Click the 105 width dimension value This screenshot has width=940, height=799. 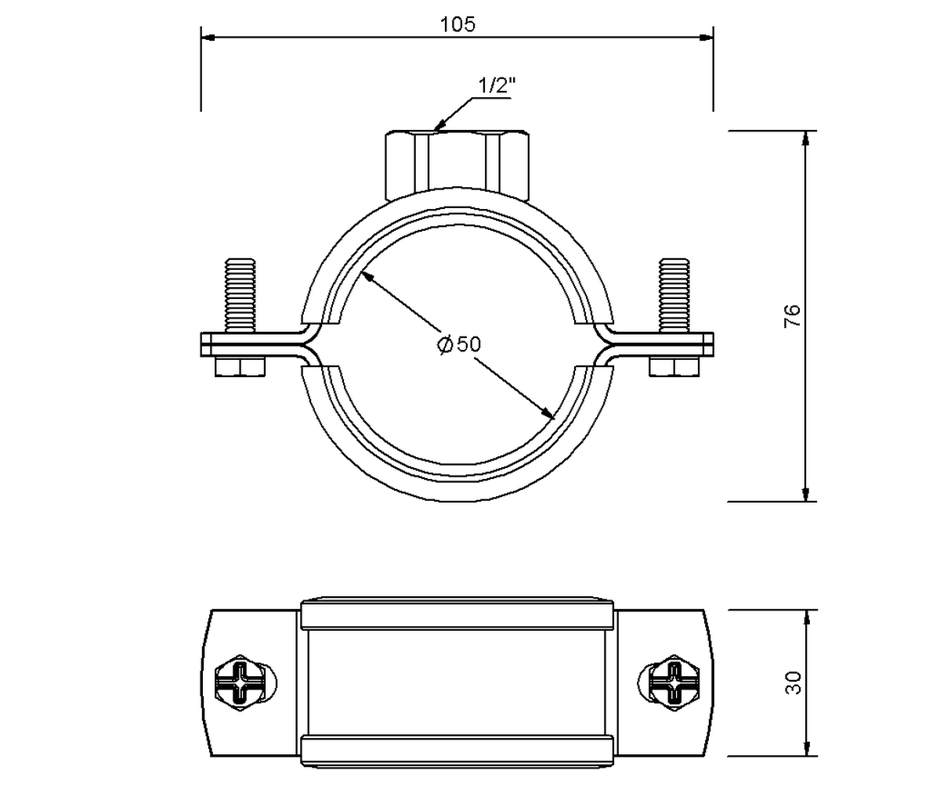[457, 24]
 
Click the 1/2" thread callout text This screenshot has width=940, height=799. [497, 85]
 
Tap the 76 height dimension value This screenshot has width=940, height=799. [792, 315]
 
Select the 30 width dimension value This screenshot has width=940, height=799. [793, 682]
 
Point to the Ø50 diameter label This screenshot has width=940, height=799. [458, 344]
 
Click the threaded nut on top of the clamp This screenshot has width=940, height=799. [457, 165]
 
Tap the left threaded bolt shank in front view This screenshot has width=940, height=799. [240, 295]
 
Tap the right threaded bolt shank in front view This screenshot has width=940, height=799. [674, 295]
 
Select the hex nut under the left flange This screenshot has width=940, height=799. [240, 366]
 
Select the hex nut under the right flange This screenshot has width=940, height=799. [674, 366]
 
